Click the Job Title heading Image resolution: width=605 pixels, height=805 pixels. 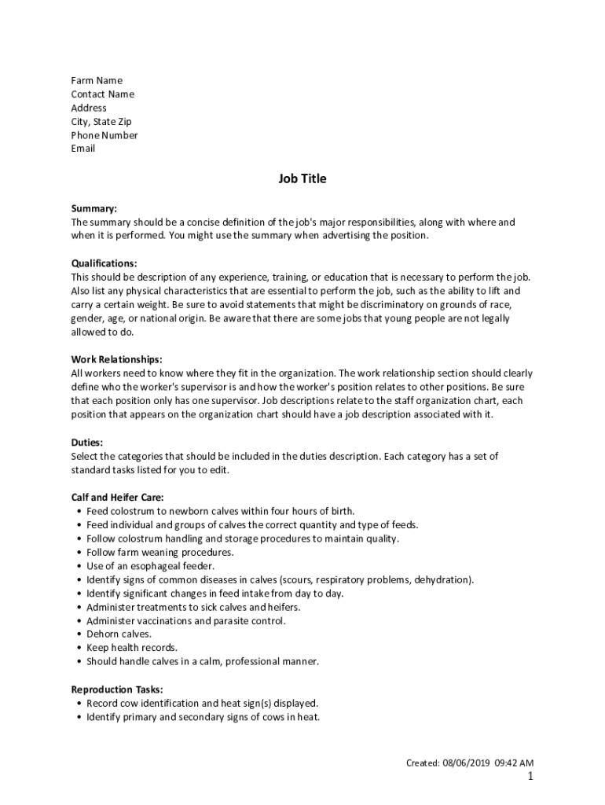point(302,179)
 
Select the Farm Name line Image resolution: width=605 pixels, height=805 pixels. point(97,81)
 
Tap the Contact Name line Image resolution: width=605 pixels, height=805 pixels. point(102,94)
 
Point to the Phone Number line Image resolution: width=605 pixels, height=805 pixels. point(104,135)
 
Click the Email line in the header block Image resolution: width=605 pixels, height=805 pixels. point(83,149)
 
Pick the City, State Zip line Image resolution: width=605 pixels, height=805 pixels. point(101,122)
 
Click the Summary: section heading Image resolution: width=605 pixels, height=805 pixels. point(93,209)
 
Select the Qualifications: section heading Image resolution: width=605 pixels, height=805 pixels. point(104,263)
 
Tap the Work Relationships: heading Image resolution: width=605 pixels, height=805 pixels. point(116,360)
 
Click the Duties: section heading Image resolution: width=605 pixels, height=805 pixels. point(87,443)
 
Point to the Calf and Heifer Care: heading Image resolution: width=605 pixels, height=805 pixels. point(117,498)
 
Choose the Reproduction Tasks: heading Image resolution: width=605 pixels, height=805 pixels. point(117,689)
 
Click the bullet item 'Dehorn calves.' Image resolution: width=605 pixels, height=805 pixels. point(119,634)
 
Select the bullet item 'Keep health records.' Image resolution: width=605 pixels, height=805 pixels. point(132,648)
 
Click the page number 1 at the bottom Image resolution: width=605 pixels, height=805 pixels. point(530,777)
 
